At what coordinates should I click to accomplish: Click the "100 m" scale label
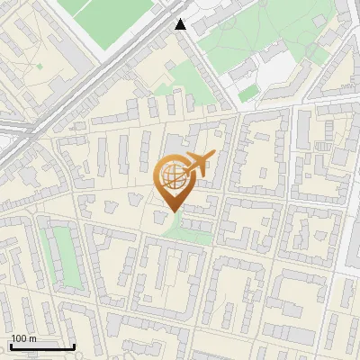(x=23, y=338)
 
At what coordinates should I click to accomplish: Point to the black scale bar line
(x=42, y=346)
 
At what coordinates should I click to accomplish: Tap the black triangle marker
(x=181, y=24)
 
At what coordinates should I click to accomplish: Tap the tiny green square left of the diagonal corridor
(x=39, y=67)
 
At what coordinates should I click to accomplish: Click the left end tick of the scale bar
(x=11, y=344)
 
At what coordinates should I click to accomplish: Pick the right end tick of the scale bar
(x=74, y=344)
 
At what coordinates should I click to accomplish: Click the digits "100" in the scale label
(x=19, y=338)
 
